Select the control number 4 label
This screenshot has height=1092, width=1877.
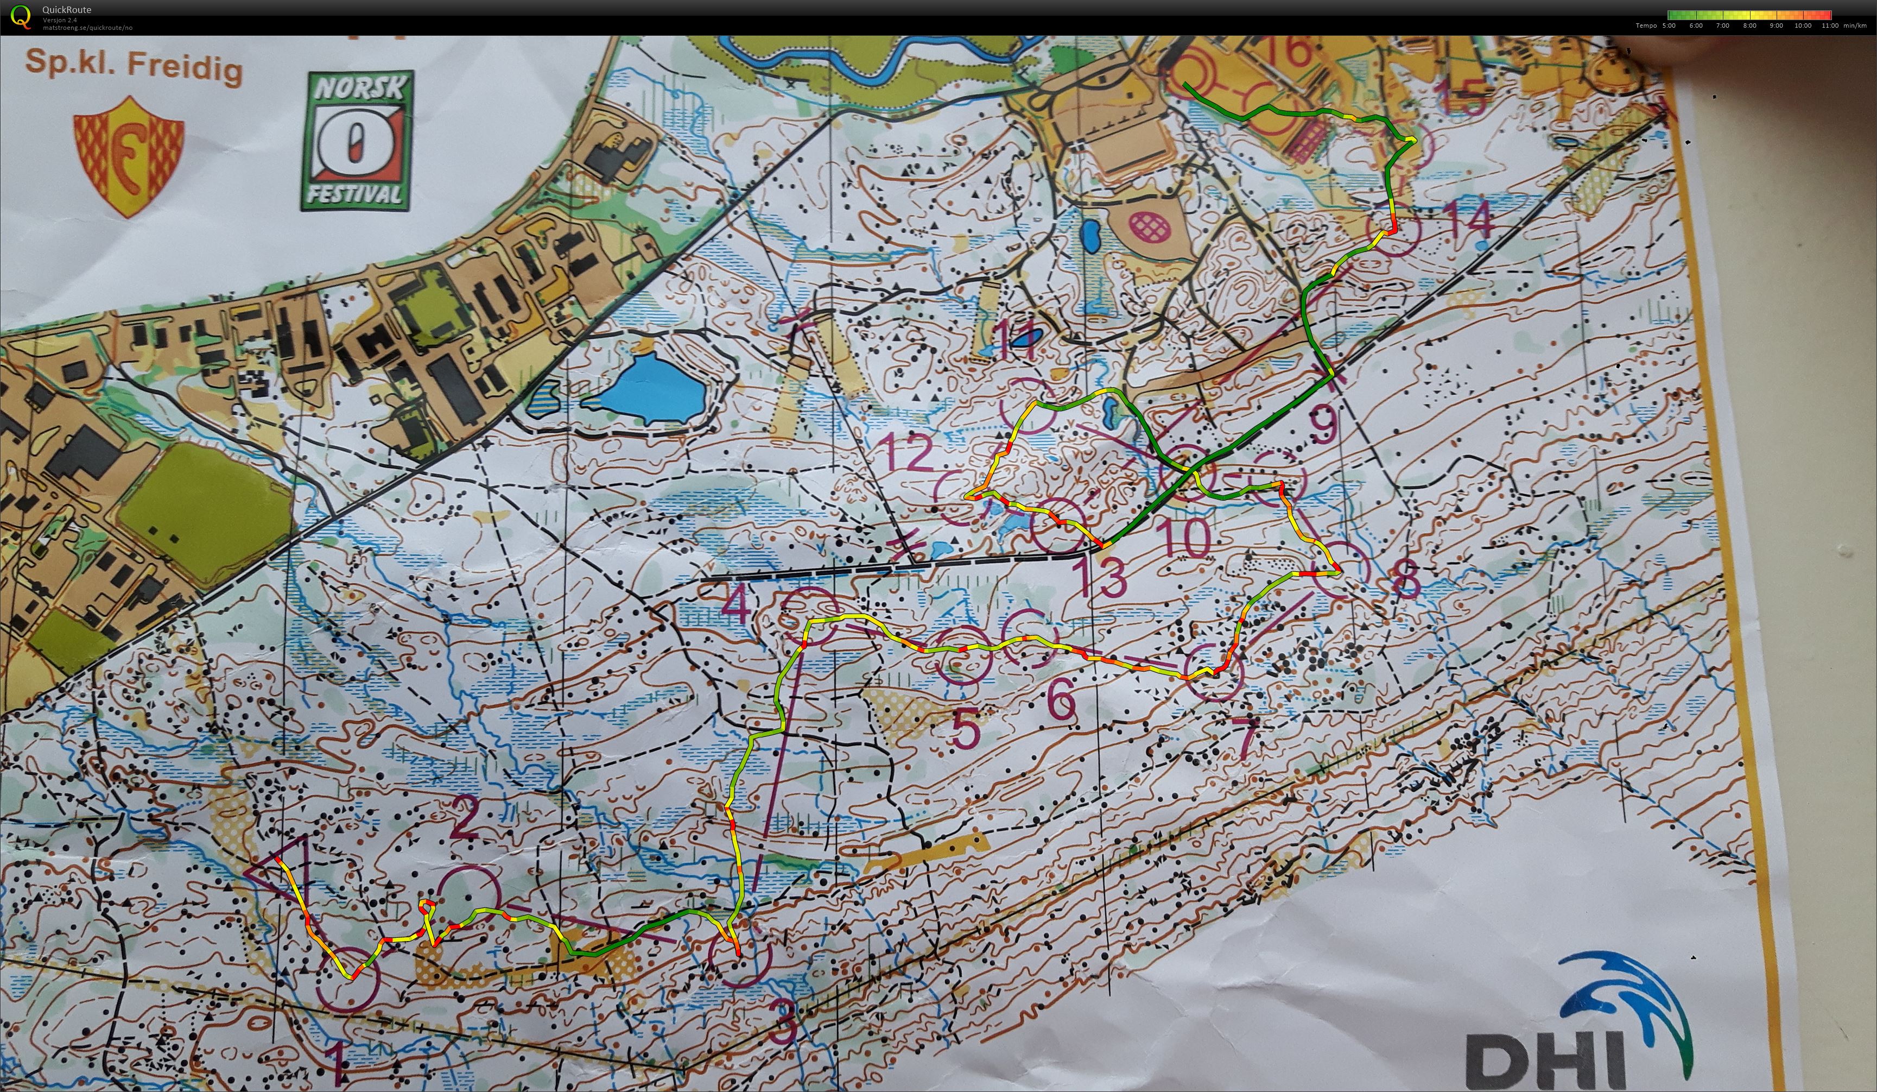[736, 605]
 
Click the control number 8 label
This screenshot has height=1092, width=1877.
[1405, 581]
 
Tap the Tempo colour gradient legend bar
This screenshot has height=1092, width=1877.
[1748, 15]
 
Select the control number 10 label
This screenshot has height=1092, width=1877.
[1184, 538]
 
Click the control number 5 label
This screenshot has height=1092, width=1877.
[966, 729]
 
